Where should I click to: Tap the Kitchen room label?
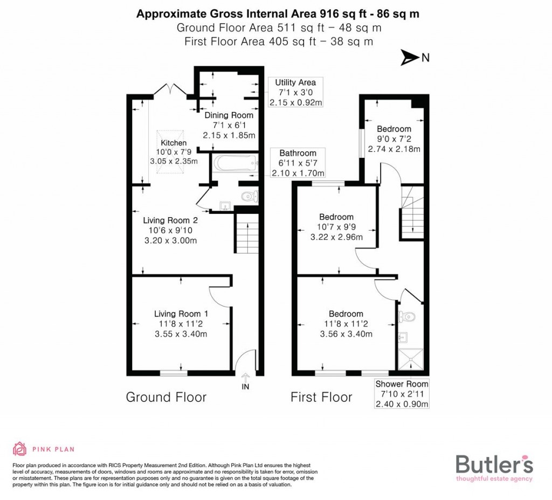[174, 143]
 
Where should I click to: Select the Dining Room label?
[229, 115]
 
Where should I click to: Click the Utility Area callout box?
[295, 92]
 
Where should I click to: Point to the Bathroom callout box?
[298, 163]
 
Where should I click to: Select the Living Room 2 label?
[170, 220]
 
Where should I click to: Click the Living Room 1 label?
[181, 314]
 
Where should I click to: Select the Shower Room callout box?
[402, 394]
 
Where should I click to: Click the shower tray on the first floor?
[410, 358]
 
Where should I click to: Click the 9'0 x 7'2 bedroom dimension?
[394, 139]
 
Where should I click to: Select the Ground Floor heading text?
[166, 397]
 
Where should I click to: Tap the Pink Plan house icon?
[19, 448]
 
